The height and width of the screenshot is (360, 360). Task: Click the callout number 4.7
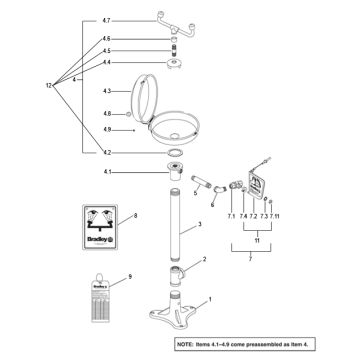pyautogui.click(x=106, y=19)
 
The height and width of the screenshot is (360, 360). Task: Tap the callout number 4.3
pyautogui.click(x=106, y=92)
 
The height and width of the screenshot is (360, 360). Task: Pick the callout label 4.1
pyautogui.click(x=106, y=171)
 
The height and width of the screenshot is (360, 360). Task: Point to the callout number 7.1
pyautogui.click(x=231, y=217)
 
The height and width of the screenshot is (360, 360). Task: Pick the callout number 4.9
pyautogui.click(x=106, y=130)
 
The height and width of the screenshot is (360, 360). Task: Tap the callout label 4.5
pyautogui.click(x=106, y=50)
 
